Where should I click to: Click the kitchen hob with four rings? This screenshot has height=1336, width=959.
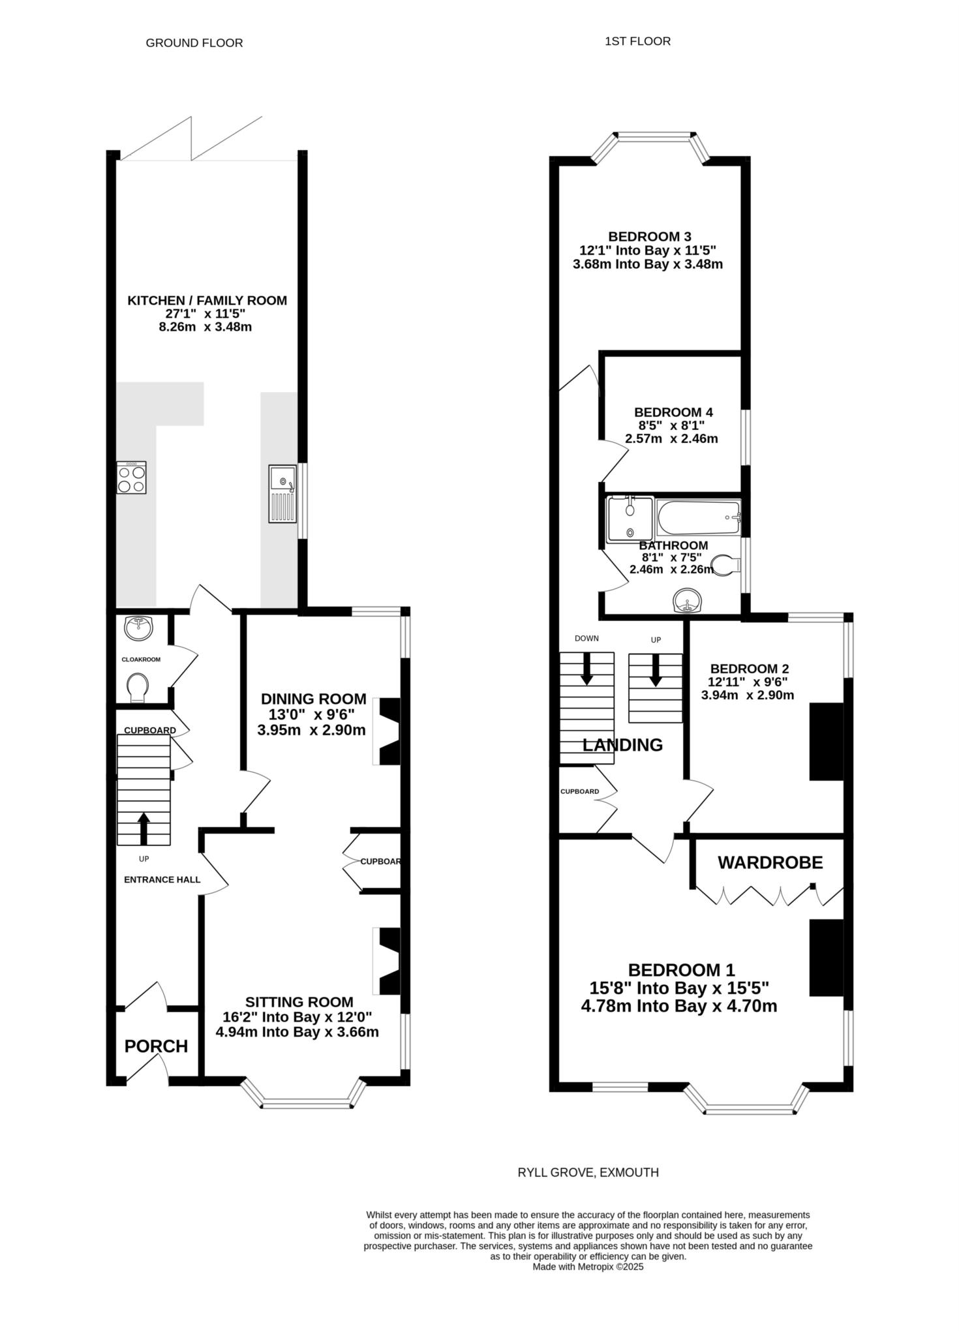pos(131,478)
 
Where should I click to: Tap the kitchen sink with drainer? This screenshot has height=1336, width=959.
pos(282,494)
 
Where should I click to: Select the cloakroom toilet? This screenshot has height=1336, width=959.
pos(137,688)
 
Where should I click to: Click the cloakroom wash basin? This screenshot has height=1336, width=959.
pos(138,629)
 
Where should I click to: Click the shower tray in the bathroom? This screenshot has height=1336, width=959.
pos(630,519)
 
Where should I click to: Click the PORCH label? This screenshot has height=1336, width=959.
pos(157,1046)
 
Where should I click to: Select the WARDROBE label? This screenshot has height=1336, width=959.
pos(770,862)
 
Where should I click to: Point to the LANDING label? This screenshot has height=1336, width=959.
pos(622,745)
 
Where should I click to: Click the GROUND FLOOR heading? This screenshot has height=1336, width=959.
pos(194,43)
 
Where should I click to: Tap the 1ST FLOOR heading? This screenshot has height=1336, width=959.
pos(638,41)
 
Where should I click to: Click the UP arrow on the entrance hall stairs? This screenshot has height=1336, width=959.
pos(144,828)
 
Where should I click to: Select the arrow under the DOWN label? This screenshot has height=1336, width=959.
pos(586,669)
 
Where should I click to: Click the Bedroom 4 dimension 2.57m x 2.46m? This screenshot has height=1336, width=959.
pos(671,439)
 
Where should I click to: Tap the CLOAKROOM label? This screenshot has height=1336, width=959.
pos(141,660)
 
